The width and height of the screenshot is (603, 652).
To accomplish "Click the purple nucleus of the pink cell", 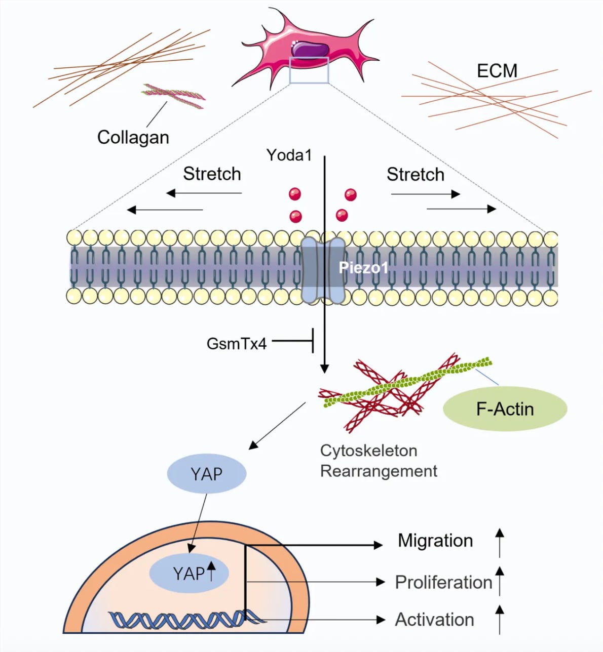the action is pos(310,50).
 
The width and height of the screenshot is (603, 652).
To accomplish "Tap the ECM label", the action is pos(497,71).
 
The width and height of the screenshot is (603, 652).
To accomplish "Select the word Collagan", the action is pos(133,137).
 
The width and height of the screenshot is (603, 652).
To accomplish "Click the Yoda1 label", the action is pos(289,155).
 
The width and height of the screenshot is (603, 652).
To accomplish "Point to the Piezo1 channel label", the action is pos(363,268).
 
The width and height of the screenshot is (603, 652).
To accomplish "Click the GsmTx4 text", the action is pos(237,344).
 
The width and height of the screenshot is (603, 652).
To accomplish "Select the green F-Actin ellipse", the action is pos(505,409).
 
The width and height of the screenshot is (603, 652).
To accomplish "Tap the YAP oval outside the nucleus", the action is pos(207,474).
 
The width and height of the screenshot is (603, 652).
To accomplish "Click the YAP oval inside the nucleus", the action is pos(189,573).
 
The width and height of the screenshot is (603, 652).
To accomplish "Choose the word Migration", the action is pos(435,540).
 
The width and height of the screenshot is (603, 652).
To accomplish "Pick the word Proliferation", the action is pos(443,582).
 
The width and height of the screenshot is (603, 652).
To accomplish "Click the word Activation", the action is pos(434,620).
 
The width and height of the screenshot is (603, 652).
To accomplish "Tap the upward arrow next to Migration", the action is pos(500,543).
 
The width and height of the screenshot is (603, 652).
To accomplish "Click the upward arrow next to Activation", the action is pos(500,620).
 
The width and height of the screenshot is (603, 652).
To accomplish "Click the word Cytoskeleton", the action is pos(368,451).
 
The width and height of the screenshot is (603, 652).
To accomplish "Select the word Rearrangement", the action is pos(379,471).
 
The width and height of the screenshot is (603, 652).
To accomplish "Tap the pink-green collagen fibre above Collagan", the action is pos(174,96).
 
